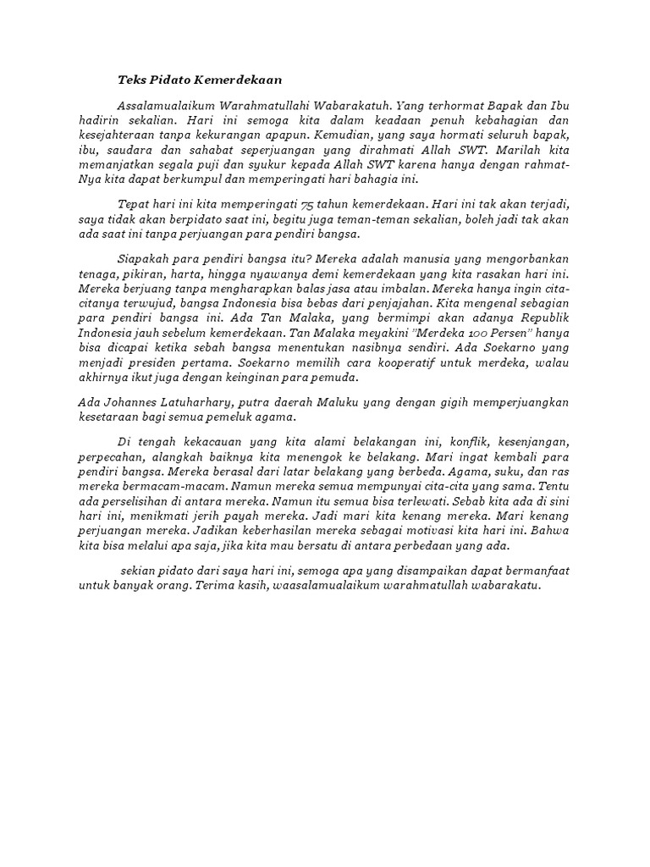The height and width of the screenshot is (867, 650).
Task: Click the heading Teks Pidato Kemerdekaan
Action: (x=198, y=80)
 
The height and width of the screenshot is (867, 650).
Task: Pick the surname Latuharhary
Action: (x=213, y=404)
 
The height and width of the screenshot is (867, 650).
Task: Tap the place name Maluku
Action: (x=350, y=404)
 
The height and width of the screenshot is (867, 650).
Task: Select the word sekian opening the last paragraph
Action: (x=140, y=571)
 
